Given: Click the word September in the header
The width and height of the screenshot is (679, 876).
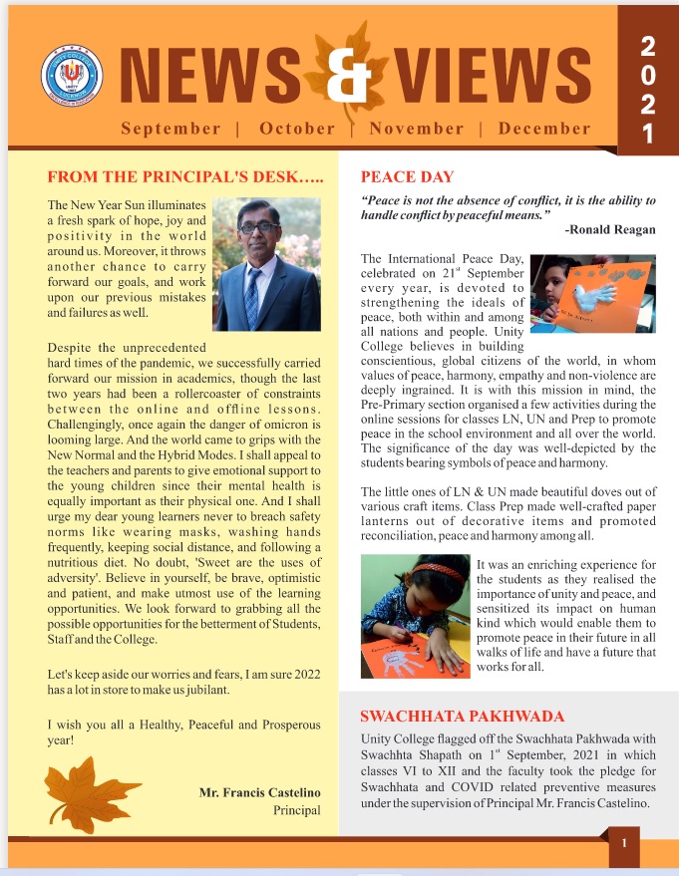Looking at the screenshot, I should [170, 129].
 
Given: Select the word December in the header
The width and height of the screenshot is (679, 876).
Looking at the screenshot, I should [544, 129].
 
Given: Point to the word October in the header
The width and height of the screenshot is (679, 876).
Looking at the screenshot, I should [297, 129].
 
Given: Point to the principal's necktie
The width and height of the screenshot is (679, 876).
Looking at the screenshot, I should [252, 293].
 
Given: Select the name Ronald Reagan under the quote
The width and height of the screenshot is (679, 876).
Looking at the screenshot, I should [609, 230].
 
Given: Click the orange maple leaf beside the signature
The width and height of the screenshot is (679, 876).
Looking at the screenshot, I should [94, 786].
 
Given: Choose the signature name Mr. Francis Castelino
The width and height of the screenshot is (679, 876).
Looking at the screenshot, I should [260, 792].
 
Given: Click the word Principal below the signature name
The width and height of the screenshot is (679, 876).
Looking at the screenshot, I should [297, 810].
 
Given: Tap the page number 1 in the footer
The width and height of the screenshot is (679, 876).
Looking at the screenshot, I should [624, 843].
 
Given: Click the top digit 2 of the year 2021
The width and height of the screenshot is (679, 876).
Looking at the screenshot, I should [648, 44].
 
